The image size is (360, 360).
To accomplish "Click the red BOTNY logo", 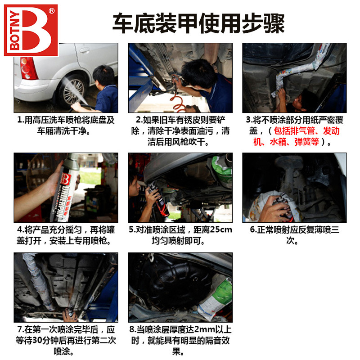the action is click(x=31, y=30).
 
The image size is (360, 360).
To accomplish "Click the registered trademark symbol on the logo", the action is click(x=52, y=11).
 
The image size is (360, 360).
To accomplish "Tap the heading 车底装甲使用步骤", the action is click(x=198, y=23).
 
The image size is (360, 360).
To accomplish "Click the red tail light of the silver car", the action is click(x=28, y=68).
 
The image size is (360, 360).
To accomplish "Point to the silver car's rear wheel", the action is click(x=72, y=92).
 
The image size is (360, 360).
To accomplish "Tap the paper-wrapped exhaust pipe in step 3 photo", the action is click(x=298, y=69).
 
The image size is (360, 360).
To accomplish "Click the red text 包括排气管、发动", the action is click(x=306, y=131).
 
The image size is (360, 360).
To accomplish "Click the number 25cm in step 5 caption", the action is click(x=221, y=229).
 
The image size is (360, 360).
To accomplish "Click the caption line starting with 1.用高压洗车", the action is click(x=66, y=120).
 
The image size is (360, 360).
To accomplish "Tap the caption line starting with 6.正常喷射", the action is click(x=295, y=229).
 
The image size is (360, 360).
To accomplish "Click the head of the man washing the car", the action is click(x=104, y=75).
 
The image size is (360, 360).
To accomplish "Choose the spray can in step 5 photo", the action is click(x=158, y=200).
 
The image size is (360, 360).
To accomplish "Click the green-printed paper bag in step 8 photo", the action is click(x=216, y=298).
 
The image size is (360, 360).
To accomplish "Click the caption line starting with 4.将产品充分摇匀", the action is click(x=66, y=229).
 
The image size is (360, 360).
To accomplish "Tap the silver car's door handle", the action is click(x=85, y=50).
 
